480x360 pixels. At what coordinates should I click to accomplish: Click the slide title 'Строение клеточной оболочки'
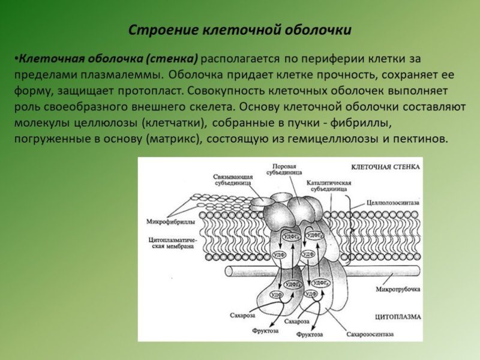240,30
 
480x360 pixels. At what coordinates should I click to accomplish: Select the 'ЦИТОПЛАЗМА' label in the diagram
397,316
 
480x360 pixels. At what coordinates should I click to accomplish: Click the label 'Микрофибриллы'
170,222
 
